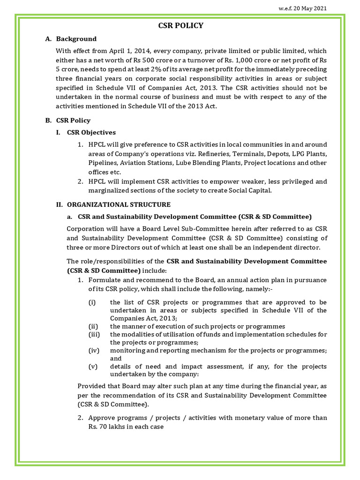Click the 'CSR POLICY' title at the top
(181, 25)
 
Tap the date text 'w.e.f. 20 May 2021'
(303, 8)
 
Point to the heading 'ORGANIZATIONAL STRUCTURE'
(119, 204)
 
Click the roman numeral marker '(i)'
(92, 302)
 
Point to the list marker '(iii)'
(94, 334)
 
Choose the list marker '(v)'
(93, 366)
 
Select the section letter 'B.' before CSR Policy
(48, 120)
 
